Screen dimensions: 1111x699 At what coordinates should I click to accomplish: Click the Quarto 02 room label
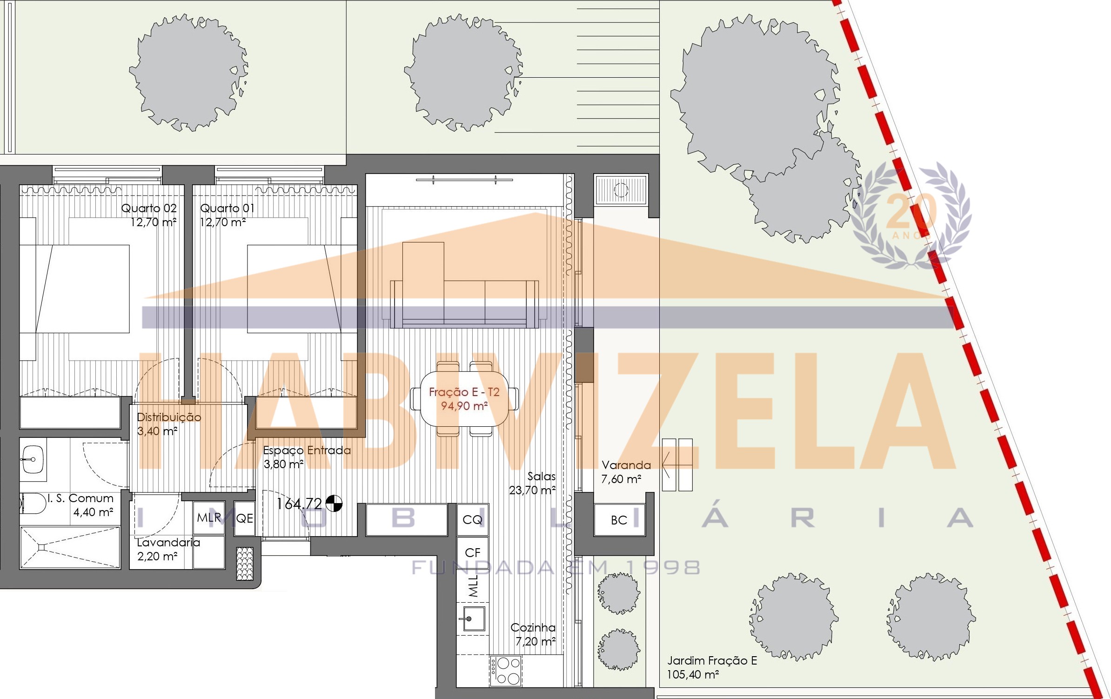[x=149, y=208]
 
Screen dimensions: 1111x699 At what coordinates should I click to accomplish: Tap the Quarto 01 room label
[x=228, y=208]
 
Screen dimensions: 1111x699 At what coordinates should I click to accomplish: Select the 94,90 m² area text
[x=464, y=406]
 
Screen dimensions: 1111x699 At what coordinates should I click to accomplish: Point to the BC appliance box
[x=619, y=520]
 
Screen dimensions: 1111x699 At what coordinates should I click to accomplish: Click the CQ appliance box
[x=473, y=519]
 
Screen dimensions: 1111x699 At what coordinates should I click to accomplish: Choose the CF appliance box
[x=473, y=553]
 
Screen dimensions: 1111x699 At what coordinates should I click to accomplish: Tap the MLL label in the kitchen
[x=473, y=586]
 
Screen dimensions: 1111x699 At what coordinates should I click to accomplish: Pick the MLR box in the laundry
[x=209, y=518]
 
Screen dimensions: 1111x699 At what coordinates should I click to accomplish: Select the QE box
[x=245, y=518]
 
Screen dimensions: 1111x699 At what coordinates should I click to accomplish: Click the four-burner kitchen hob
[x=506, y=671]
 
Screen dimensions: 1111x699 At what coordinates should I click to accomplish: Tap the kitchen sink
[x=473, y=618]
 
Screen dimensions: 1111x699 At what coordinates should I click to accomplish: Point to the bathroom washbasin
[x=33, y=459]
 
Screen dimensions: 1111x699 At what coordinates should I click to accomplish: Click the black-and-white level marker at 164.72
[x=334, y=504]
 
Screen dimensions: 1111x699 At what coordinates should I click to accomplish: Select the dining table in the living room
[x=464, y=399]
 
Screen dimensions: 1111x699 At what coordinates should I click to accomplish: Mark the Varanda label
[x=626, y=465]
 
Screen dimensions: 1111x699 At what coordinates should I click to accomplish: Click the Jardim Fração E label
[x=712, y=660]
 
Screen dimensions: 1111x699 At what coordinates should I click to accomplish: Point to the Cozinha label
[x=533, y=627]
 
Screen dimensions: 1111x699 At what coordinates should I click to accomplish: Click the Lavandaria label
[x=168, y=543]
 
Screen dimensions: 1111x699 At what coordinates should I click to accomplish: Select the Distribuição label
[x=169, y=417]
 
